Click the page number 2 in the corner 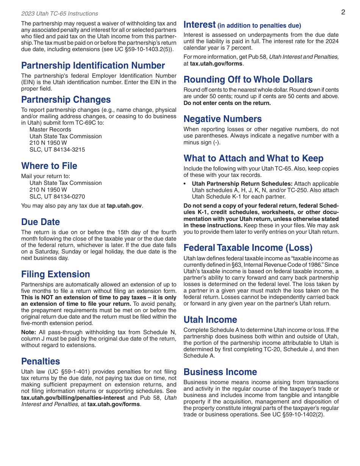343,12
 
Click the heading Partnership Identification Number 93,66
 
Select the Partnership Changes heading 66,100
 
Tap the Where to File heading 49,166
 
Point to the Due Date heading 41,222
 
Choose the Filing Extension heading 56,274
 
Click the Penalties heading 41,361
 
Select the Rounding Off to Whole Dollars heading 248,80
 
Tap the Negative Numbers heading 222,119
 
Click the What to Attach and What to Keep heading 254,158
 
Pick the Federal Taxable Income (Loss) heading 248,248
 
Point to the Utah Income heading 210,320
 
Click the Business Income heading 220,372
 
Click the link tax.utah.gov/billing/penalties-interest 73,398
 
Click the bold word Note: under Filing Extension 28,332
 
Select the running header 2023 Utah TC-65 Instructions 59,14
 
